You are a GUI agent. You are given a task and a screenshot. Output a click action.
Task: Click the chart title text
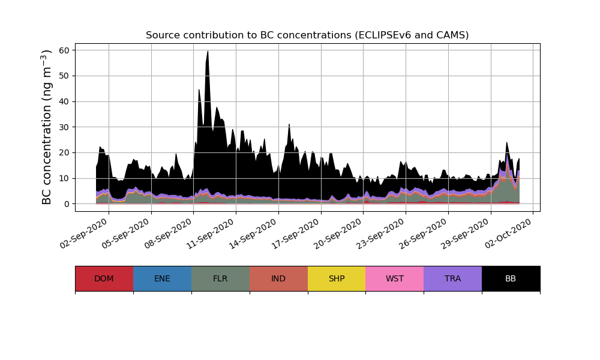[307, 35]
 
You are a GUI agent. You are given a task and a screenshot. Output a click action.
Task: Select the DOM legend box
[104, 278]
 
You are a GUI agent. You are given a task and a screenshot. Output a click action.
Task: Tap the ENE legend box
[162, 278]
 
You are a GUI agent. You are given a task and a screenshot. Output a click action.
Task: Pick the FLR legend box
[220, 278]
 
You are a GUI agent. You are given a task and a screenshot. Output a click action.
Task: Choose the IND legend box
[278, 278]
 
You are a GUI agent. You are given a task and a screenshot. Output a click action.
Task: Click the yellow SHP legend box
[337, 278]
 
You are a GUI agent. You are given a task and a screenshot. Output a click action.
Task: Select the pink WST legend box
[395, 278]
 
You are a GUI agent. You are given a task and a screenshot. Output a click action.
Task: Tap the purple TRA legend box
[453, 278]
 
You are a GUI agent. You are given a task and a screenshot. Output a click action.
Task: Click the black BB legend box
[511, 278]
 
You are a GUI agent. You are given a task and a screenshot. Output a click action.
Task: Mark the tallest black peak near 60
[208, 53]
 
